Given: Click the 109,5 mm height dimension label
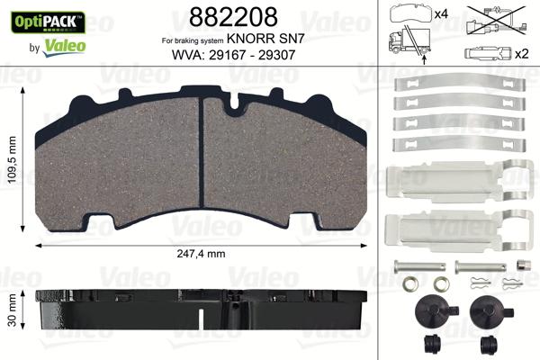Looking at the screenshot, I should click(13, 154).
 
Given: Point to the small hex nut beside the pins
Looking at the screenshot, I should click(521, 265).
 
